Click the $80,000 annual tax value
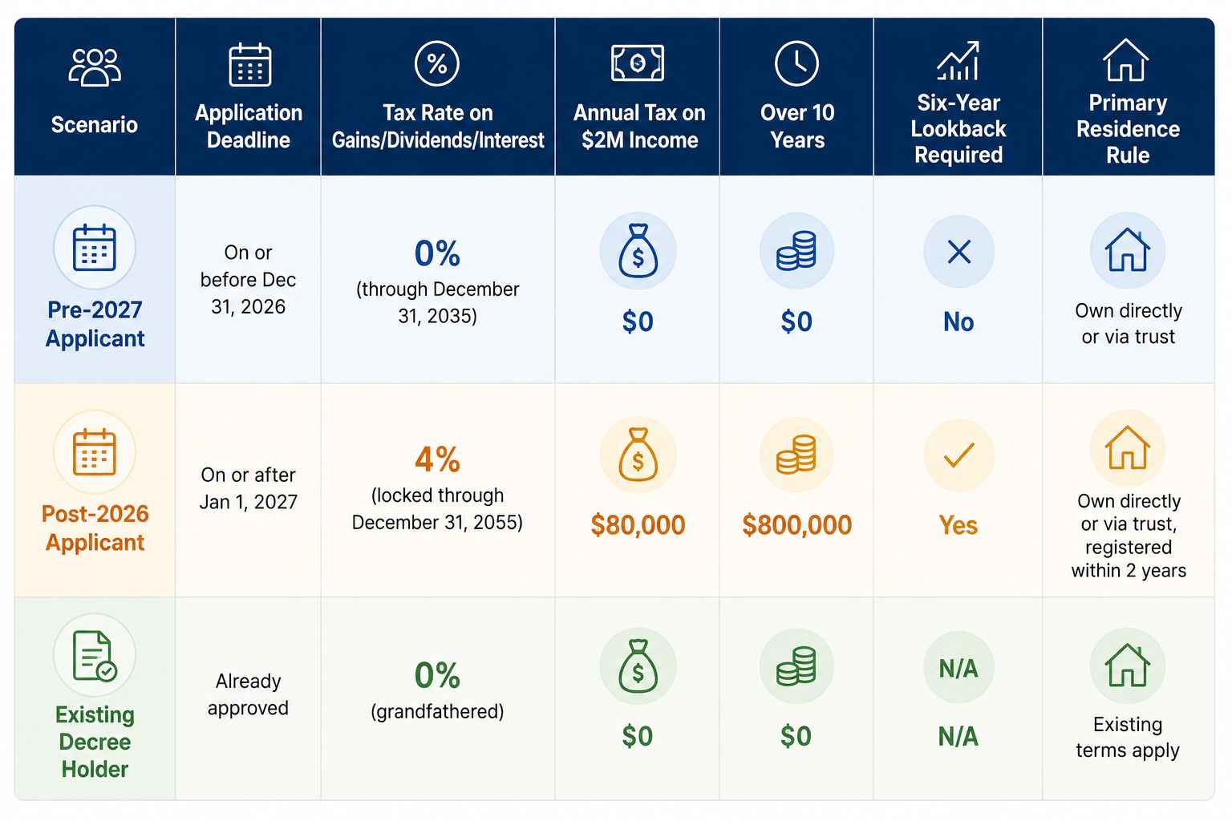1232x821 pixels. point(638,524)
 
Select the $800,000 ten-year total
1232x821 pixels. point(796,524)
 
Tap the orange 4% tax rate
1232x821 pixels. point(437,459)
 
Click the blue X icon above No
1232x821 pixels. point(958,252)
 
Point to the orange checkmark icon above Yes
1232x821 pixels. point(958,455)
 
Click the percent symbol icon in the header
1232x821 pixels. point(436,63)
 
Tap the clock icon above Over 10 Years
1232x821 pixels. point(796,63)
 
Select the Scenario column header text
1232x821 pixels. point(94,125)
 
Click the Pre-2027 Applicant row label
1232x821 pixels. point(95,324)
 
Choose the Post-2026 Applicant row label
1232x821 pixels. point(95,528)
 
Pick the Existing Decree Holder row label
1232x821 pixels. point(95,742)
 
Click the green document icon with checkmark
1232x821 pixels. point(94,656)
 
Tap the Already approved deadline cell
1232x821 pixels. point(248,694)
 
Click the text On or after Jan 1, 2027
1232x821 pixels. point(248,488)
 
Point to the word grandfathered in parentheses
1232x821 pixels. point(437,712)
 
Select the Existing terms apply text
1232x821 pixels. point(1128,738)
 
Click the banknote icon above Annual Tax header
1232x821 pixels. point(638,63)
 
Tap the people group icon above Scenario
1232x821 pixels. point(95,67)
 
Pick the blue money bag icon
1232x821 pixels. point(638,250)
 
